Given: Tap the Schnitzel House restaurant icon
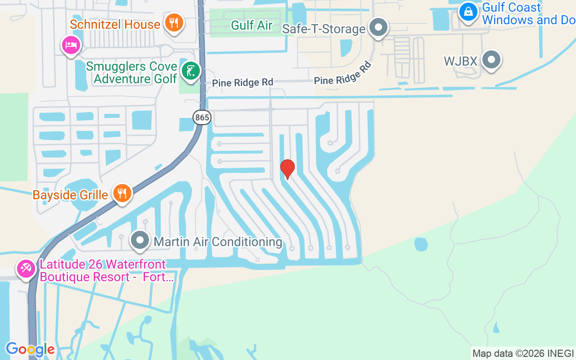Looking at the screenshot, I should pos(173,22).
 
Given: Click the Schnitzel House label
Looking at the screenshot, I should pos(115,24).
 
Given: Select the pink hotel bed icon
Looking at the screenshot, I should pos(71,45).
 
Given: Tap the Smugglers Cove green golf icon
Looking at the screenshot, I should pos(191,71).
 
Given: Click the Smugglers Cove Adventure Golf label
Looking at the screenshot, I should pos(131,73).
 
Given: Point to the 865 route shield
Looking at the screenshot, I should pos(202,118).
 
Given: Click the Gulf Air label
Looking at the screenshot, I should pos(252,25).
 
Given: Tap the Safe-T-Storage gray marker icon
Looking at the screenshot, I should pos(378,27).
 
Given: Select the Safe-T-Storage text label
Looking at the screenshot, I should pos(324,29).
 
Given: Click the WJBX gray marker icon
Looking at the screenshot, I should pos(491,59).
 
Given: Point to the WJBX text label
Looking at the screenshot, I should pos(460,61).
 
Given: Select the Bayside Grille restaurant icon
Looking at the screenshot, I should pos(121,193).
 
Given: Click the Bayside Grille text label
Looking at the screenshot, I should pos(70,195).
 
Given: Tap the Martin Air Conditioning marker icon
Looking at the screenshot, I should pos(140,240).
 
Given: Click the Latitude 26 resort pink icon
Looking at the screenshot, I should pos(26,269).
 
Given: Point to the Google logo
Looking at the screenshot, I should pos(30,349).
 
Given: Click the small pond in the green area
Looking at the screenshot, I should pos(421,244).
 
